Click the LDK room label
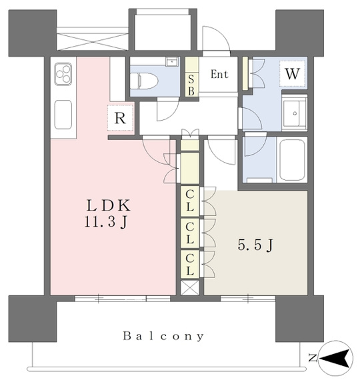click(x=109, y=206)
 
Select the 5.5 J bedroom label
click(x=255, y=245)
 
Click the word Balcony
click(x=163, y=336)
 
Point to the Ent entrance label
click(x=219, y=74)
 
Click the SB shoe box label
click(x=191, y=85)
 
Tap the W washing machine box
click(x=293, y=74)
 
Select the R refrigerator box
click(x=120, y=118)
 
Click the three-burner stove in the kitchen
click(x=63, y=74)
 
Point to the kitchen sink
click(x=63, y=115)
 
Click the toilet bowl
click(x=143, y=81)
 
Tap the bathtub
click(x=292, y=161)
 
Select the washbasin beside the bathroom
click(x=295, y=113)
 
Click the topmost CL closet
click(x=190, y=201)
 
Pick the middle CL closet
click(x=190, y=233)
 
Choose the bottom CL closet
click(x=190, y=264)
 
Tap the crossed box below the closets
click(x=190, y=287)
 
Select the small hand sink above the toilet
click(x=173, y=61)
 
